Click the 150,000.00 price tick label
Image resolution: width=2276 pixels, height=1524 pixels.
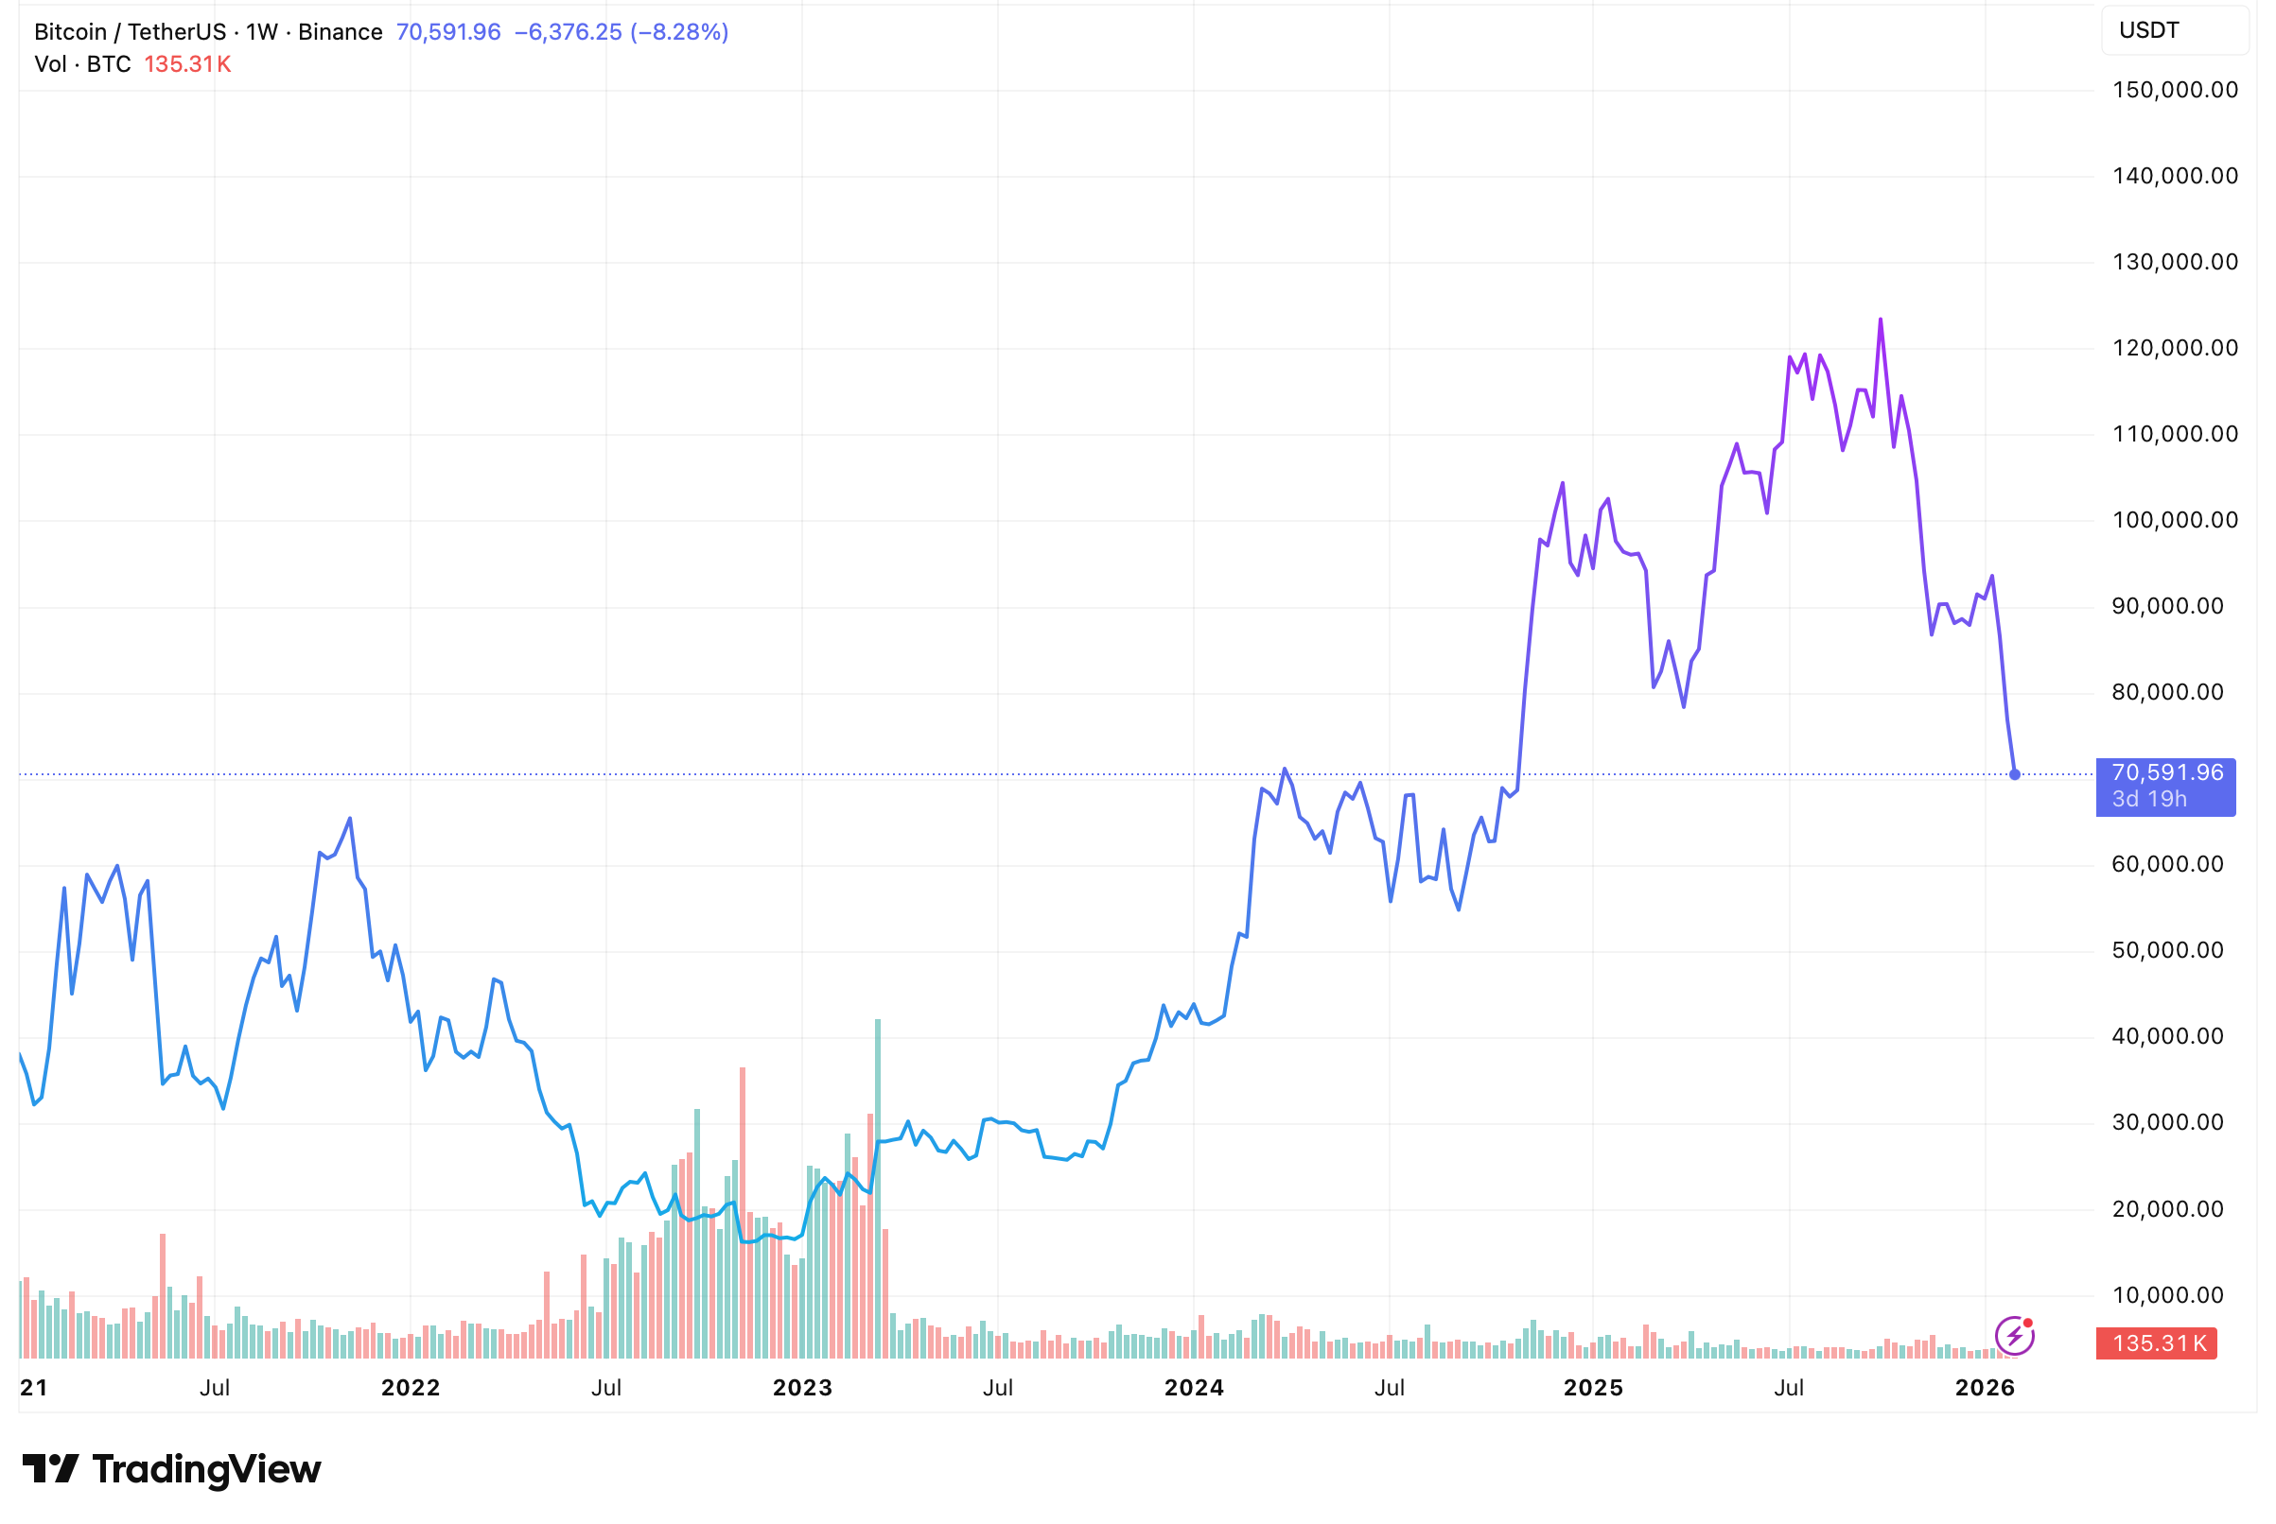[x=2175, y=91]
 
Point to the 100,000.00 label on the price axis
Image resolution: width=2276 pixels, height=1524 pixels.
[x=2175, y=520]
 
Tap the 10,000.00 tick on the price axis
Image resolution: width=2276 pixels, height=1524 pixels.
[x=2167, y=1294]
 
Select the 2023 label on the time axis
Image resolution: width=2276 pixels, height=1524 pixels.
[x=802, y=1387]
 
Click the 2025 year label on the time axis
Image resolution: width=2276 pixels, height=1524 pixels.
[x=1592, y=1387]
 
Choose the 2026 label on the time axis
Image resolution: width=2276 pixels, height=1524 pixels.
[x=1985, y=1387]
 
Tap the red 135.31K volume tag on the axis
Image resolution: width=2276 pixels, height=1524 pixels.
[x=2157, y=1343]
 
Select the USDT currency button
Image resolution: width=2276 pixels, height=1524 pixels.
[x=2174, y=30]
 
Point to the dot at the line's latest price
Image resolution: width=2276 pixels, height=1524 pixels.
[x=2015, y=774]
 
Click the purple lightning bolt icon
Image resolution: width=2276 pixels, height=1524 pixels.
[x=2014, y=1336]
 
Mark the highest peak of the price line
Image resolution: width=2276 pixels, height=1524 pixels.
[x=1881, y=320]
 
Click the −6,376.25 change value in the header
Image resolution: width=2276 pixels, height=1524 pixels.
[x=568, y=32]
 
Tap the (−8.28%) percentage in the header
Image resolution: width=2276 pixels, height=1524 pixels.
[x=679, y=32]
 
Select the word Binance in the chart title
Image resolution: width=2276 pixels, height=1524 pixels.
[x=341, y=32]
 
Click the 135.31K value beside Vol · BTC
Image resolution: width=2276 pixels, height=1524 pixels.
[x=187, y=64]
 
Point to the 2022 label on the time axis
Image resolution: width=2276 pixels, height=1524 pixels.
[x=411, y=1387]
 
